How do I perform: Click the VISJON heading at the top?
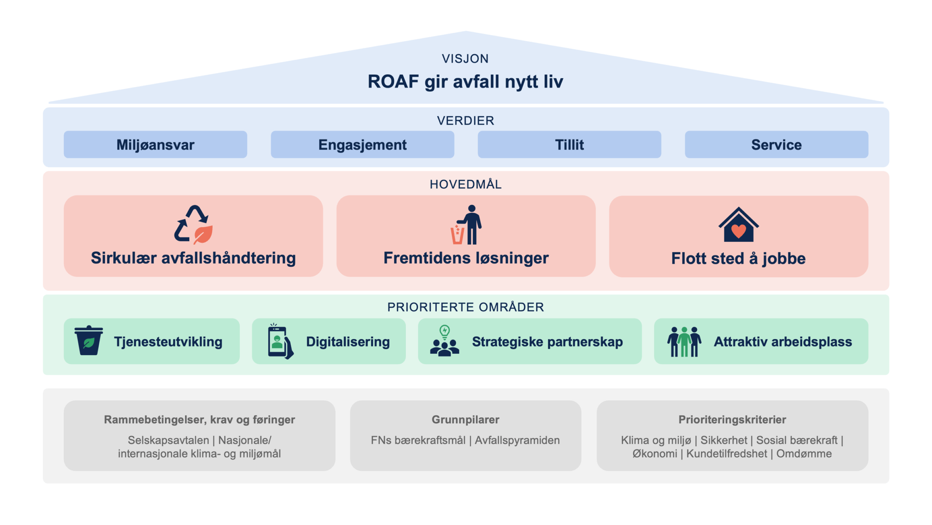point(465,59)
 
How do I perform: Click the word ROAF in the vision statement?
point(393,82)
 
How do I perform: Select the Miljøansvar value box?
point(155,145)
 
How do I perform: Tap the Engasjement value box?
point(362,145)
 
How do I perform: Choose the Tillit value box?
point(569,145)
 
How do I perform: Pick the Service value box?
point(776,145)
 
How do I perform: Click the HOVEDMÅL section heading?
point(466,184)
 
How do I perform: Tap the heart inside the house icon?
point(738,231)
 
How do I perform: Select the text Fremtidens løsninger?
point(466,258)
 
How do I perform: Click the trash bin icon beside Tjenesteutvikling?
point(89,340)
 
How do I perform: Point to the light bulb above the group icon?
point(445,331)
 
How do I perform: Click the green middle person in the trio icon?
point(684,342)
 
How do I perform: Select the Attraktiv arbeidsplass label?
point(782,342)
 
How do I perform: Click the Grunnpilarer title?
point(465,419)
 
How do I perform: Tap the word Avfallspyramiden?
point(517,440)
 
